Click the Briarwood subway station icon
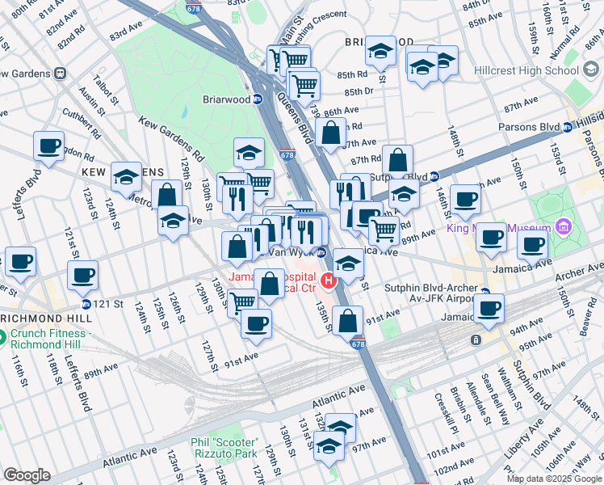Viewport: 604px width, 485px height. tap(258, 99)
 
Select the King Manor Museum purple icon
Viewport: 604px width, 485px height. tap(563, 225)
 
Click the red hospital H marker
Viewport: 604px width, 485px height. tap(329, 280)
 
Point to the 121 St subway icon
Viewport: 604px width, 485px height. tap(86, 304)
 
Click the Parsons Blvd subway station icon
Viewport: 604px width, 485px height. tap(568, 126)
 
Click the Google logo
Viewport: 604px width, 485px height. tap(27, 475)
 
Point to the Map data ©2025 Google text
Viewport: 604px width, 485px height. tap(554, 479)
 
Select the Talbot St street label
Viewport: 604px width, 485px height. tap(107, 87)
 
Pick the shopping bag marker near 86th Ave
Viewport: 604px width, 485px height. tap(331, 131)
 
